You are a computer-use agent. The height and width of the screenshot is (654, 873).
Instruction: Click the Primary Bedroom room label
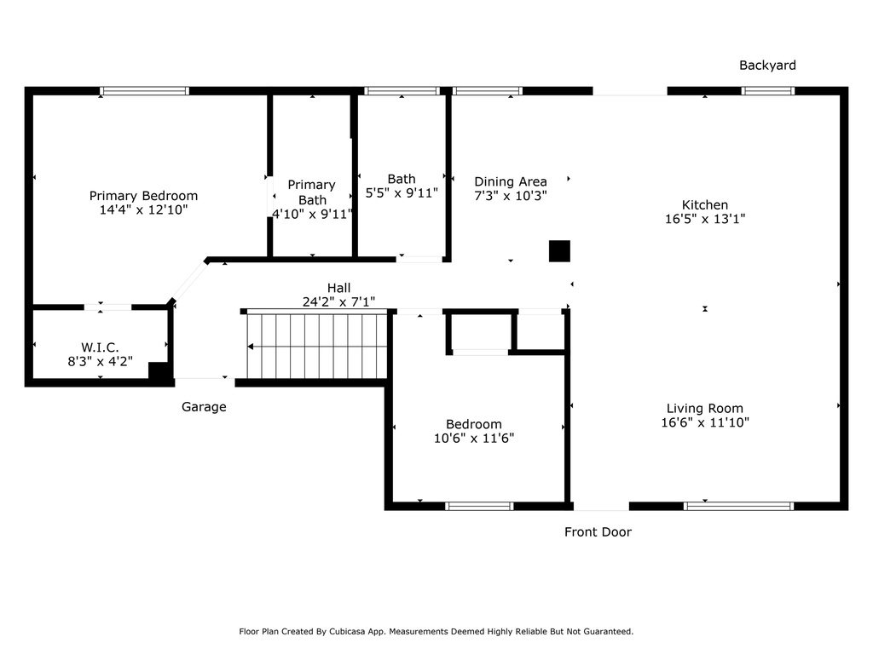143,196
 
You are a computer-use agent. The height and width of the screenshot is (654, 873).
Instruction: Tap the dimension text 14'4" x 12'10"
143,209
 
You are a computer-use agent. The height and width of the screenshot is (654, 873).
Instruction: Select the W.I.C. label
101,347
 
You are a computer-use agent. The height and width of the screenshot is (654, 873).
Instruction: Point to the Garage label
204,407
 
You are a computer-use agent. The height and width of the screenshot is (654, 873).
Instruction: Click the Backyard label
767,65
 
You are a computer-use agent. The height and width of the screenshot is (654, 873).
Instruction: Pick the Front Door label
598,532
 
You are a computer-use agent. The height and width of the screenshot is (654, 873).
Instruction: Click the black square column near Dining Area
559,251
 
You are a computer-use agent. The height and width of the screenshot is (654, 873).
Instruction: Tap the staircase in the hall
317,346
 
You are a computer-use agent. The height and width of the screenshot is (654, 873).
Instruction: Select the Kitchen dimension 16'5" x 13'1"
705,219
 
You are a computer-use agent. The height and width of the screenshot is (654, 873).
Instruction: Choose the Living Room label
705,408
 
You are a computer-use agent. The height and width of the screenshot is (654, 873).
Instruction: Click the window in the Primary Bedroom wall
145,90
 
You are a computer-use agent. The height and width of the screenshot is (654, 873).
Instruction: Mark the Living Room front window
739,506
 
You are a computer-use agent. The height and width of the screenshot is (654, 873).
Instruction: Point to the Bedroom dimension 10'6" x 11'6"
474,439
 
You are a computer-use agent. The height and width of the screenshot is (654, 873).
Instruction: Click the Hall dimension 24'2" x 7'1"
338,302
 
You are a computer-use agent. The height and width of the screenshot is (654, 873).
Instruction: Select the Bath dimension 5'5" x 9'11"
402,193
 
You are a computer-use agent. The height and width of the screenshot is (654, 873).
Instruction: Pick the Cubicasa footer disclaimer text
436,631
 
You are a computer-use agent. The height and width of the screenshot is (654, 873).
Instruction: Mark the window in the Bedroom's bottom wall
479,506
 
